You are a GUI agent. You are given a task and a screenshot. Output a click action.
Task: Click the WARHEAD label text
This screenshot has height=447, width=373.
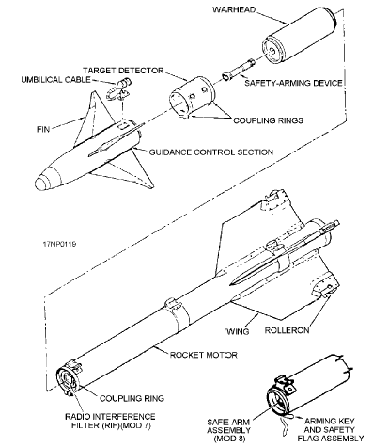click(x=234, y=9)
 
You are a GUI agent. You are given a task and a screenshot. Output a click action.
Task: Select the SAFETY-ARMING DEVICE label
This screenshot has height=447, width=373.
click(x=293, y=83)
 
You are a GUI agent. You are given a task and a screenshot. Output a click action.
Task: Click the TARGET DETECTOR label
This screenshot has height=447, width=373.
click(x=123, y=71)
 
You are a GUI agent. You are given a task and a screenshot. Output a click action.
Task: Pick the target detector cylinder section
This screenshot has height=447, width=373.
click(x=192, y=97)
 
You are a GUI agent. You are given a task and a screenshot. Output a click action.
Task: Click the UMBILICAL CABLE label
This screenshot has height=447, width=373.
click(x=55, y=79)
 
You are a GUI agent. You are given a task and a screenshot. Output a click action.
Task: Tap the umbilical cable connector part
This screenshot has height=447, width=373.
click(x=119, y=88)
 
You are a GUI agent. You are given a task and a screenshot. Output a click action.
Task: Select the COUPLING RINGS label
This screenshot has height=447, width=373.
click(x=268, y=120)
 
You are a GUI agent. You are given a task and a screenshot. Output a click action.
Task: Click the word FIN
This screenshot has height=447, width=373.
click(x=43, y=129)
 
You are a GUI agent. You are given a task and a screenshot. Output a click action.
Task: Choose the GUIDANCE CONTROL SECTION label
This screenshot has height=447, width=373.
click(x=210, y=152)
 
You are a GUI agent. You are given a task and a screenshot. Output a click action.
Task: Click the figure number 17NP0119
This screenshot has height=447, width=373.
click(x=59, y=244)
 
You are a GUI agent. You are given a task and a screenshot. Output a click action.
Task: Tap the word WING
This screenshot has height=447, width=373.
click(x=238, y=331)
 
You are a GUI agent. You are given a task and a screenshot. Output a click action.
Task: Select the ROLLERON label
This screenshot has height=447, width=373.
click(x=287, y=330)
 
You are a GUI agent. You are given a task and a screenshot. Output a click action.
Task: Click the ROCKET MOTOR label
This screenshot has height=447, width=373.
click(x=204, y=355)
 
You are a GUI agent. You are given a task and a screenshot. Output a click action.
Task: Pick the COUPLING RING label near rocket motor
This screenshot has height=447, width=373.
click(x=132, y=398)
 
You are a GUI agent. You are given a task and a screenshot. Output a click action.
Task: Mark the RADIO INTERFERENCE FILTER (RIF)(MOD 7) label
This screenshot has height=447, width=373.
click(x=110, y=421)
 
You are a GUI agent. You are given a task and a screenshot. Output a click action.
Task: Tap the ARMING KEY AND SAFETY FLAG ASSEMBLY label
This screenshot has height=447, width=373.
click(x=331, y=430)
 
